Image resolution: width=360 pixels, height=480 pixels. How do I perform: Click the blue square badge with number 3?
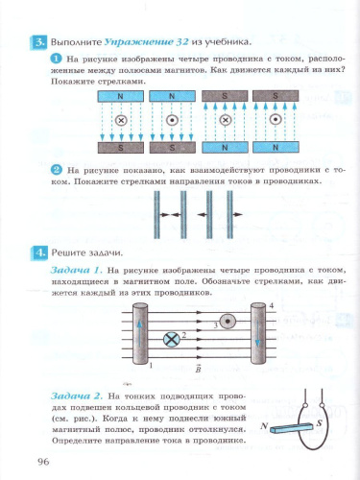39,42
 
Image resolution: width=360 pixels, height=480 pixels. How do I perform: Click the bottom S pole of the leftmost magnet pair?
120,148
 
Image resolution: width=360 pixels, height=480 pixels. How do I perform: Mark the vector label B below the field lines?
199,369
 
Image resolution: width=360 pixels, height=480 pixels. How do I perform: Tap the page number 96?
43,463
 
